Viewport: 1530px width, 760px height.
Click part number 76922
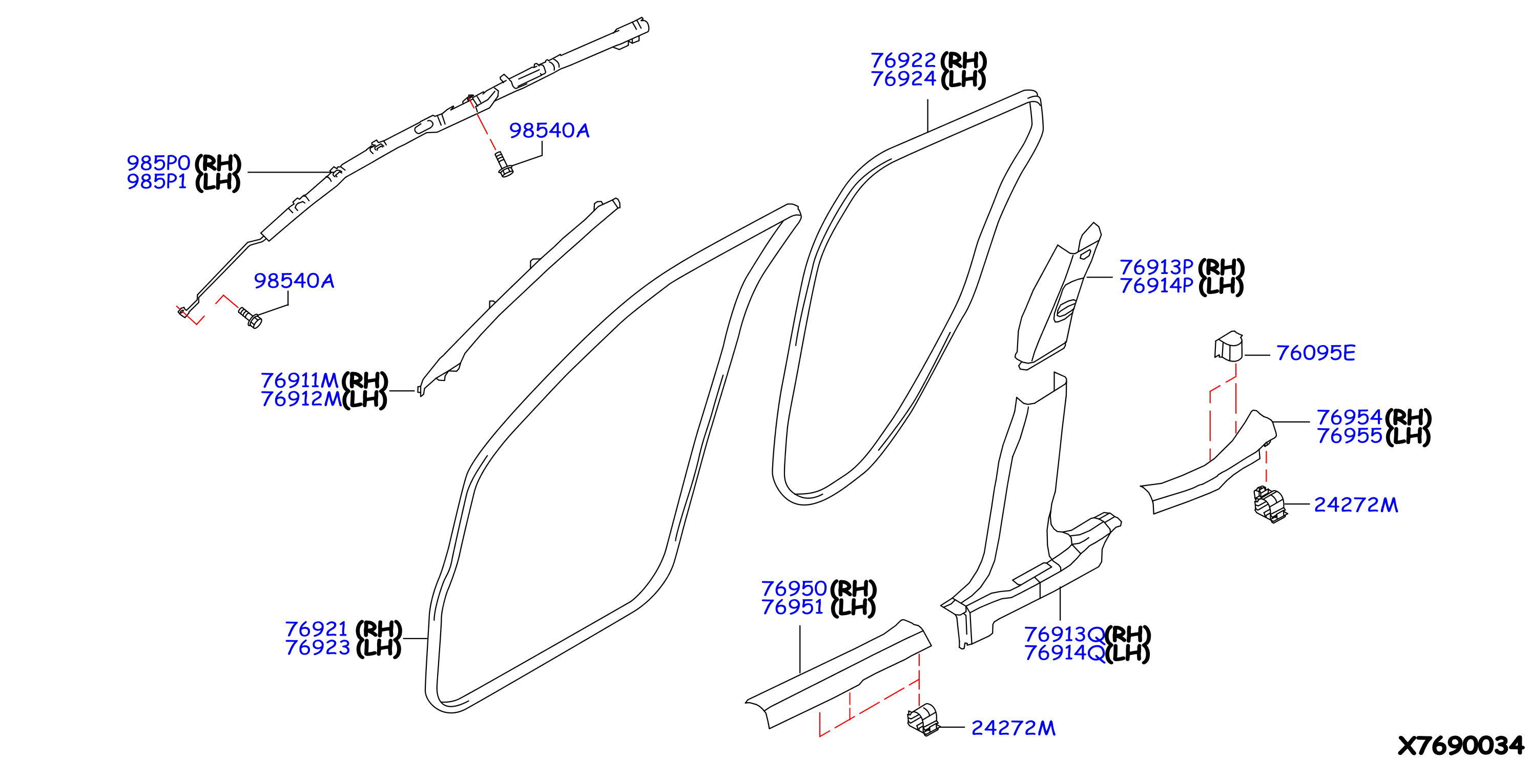coord(903,60)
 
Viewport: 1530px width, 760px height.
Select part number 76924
coord(903,79)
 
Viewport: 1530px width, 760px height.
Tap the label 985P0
coord(158,163)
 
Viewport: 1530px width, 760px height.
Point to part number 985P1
coord(157,182)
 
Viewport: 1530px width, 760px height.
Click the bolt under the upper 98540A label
coord(504,164)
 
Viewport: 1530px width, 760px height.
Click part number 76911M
coord(300,380)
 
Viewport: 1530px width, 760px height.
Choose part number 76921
coord(317,629)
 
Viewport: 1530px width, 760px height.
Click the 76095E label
coord(1316,353)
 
